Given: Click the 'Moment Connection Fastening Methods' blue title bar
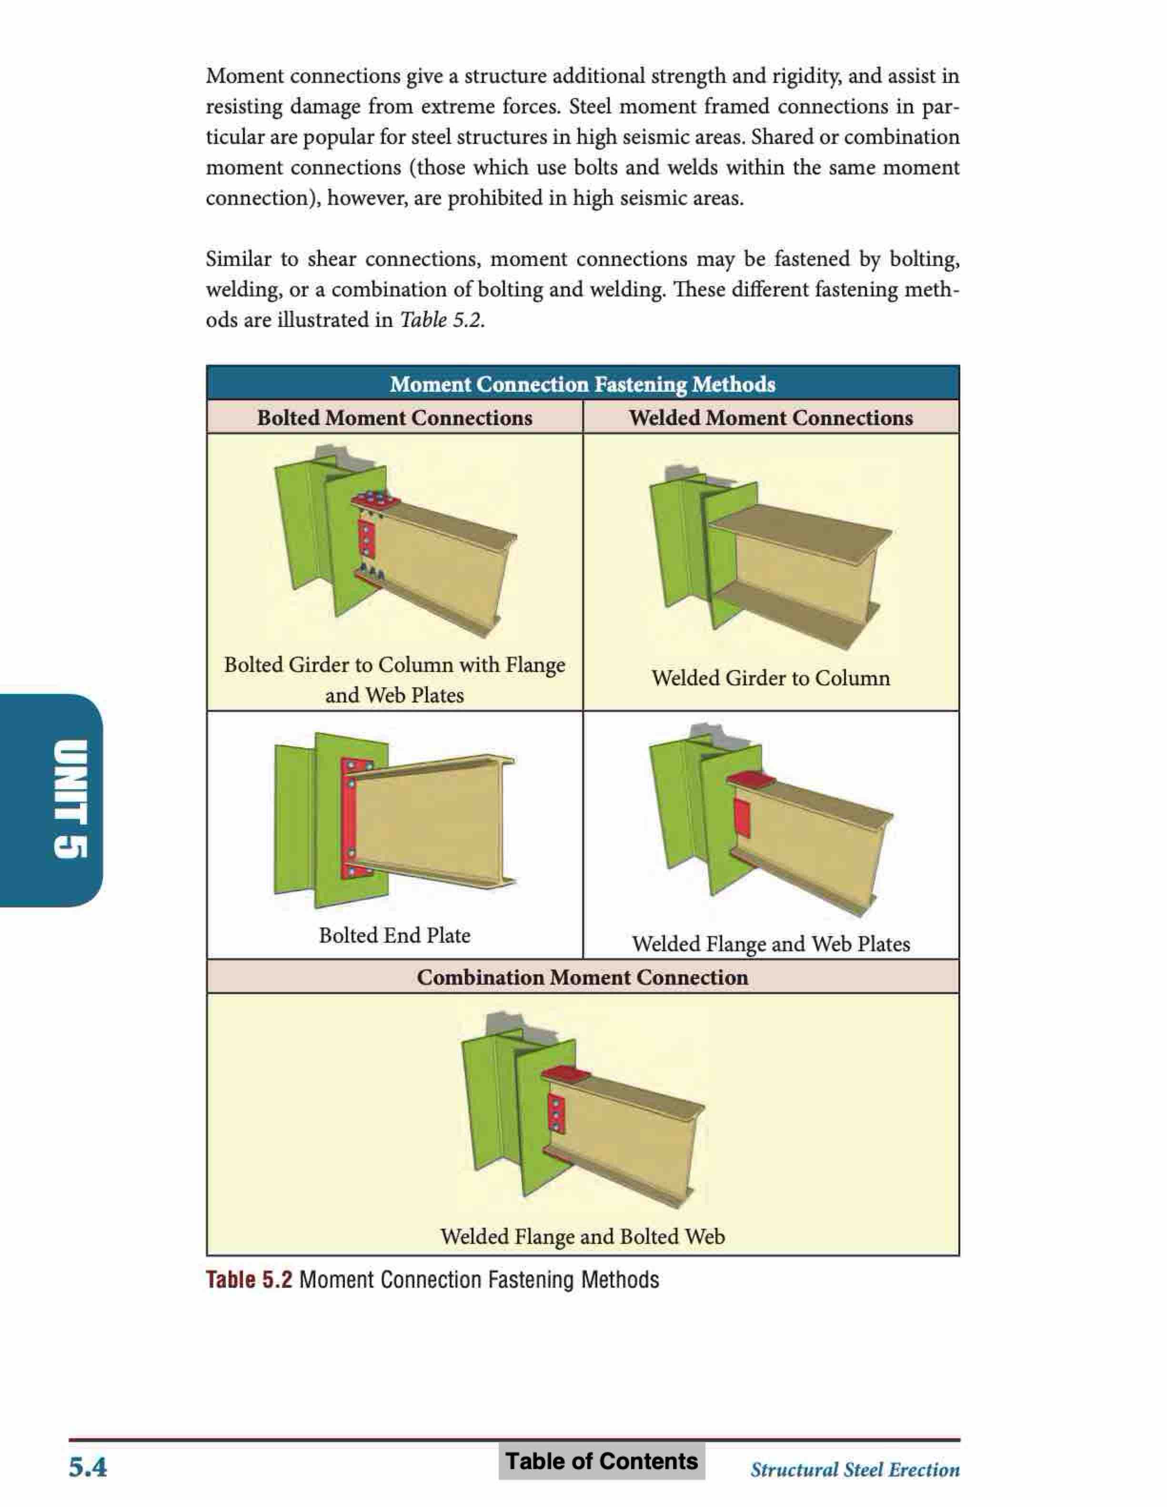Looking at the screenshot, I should [582, 384].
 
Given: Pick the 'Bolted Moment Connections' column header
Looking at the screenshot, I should [394, 417].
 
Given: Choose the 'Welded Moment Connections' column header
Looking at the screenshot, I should [770, 417].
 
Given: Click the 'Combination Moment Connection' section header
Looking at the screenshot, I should [582, 977].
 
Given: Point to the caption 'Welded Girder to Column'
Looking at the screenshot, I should [770, 678].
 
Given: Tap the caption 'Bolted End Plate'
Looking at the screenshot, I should [394, 935].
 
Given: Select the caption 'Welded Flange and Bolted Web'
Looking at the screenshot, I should [582, 1236].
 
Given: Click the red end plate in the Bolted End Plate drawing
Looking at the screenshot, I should [348, 821].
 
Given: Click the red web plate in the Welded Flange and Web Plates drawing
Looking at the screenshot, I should [742, 818].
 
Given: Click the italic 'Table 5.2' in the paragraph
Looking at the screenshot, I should [440, 320].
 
